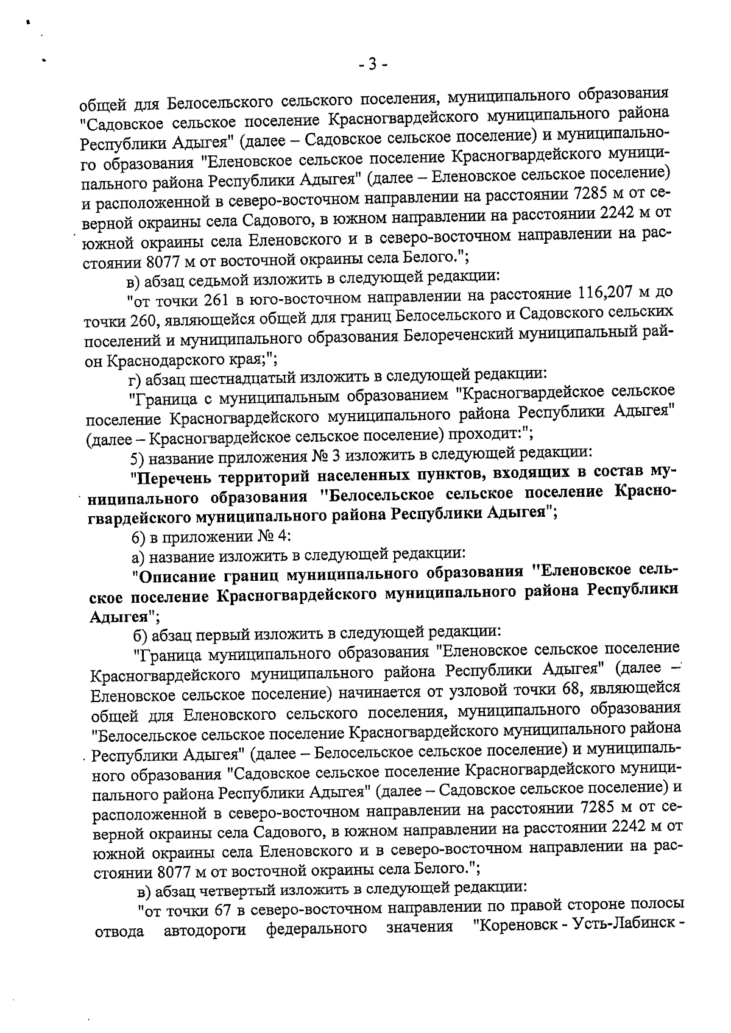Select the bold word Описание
point(177,574)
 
